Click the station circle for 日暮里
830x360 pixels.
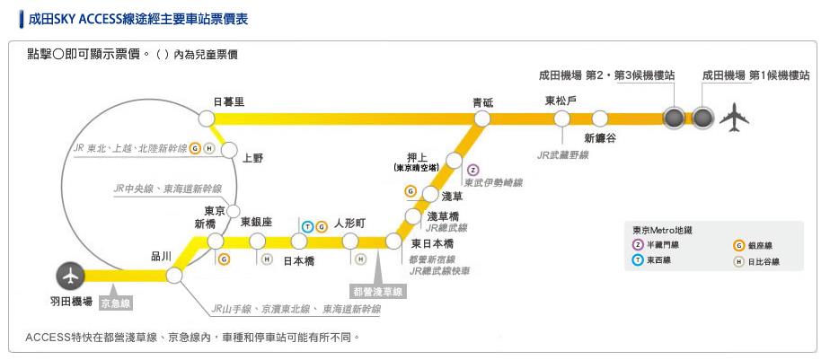[x=206, y=118]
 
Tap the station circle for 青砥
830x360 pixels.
[x=482, y=118]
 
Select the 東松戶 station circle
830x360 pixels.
[x=562, y=118]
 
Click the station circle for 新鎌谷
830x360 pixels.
[x=600, y=118]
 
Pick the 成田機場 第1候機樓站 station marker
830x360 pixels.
[x=702, y=118]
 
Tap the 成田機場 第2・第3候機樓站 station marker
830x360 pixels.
[x=672, y=118]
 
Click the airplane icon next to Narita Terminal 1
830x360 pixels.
[x=735, y=117]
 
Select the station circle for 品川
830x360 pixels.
[x=174, y=276]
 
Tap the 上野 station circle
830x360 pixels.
[x=227, y=149]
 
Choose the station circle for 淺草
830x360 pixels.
[x=429, y=195]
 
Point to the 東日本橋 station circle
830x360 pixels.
[x=393, y=241]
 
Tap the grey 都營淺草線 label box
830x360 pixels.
[x=378, y=292]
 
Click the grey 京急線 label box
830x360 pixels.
[x=116, y=303]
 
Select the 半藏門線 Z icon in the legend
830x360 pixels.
[x=638, y=245]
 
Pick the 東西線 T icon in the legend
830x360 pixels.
[x=638, y=261]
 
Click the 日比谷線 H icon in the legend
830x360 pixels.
[x=739, y=262]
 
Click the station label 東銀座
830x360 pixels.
[x=256, y=223]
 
